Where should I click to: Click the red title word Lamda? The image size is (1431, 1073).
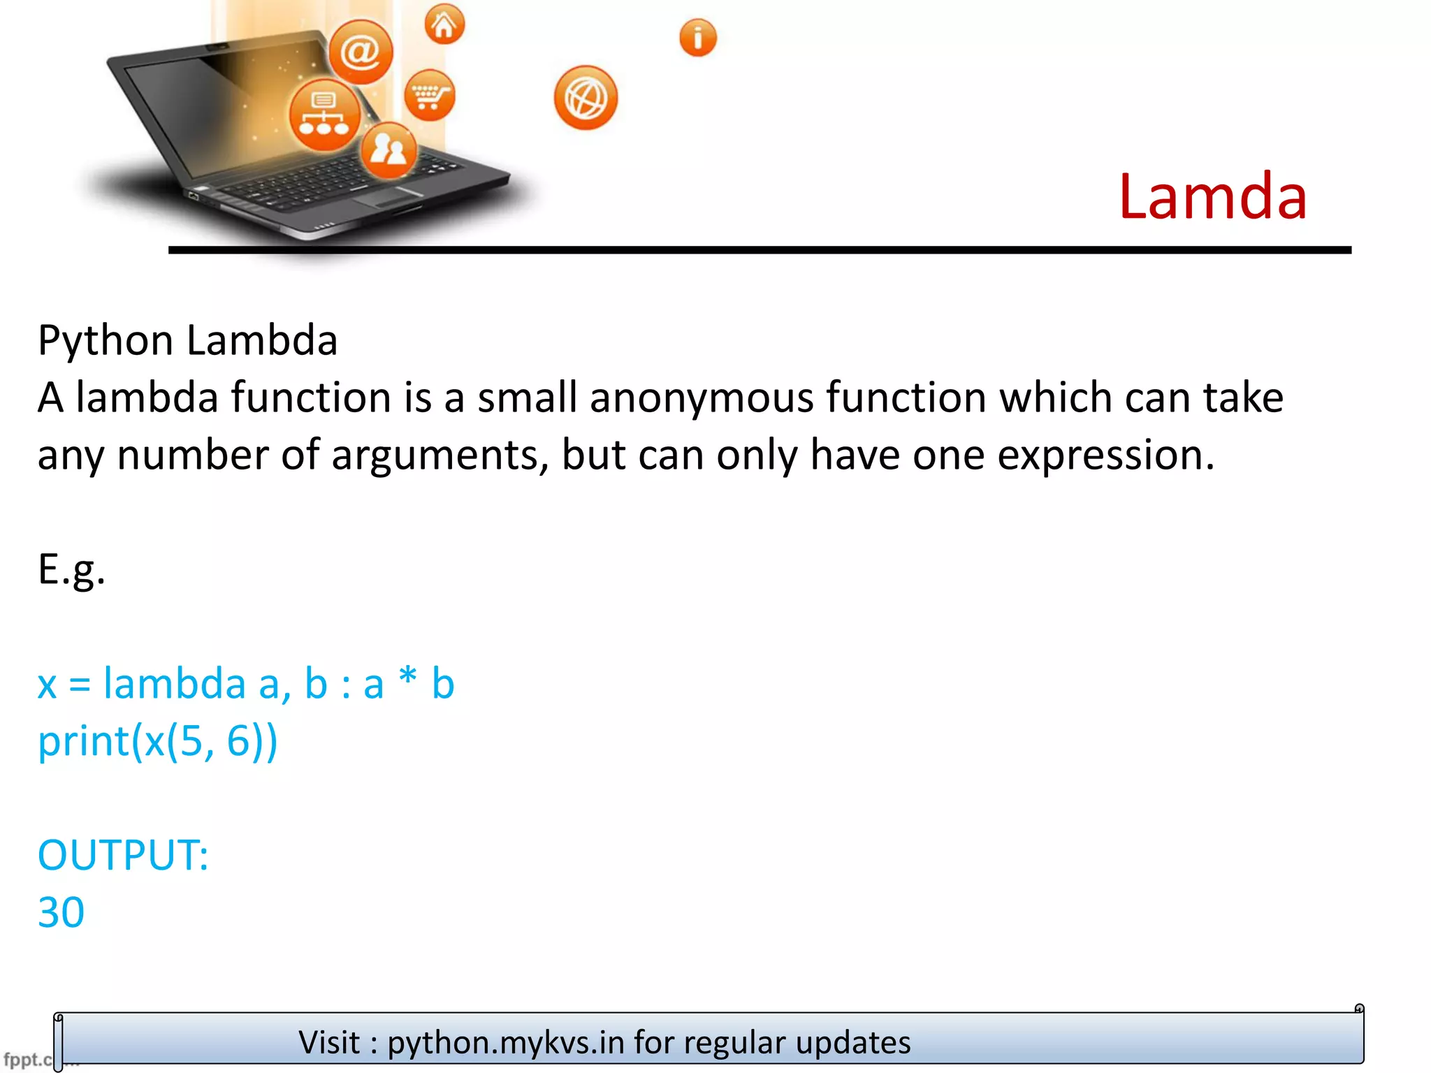click(1212, 197)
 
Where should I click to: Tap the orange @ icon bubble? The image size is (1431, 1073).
click(361, 52)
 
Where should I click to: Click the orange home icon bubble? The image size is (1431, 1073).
click(444, 24)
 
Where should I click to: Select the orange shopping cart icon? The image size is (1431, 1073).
click(429, 95)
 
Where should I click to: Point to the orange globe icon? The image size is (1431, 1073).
click(586, 98)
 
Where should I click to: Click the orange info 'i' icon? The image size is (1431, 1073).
click(697, 38)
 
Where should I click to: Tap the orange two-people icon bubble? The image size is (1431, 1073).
click(388, 149)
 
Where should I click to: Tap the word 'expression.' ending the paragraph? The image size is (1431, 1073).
click(1105, 455)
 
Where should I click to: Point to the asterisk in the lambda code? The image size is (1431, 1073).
click(407, 676)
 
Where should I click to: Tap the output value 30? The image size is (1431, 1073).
click(61, 912)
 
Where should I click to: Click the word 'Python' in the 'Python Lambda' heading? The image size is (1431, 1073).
click(106, 341)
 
